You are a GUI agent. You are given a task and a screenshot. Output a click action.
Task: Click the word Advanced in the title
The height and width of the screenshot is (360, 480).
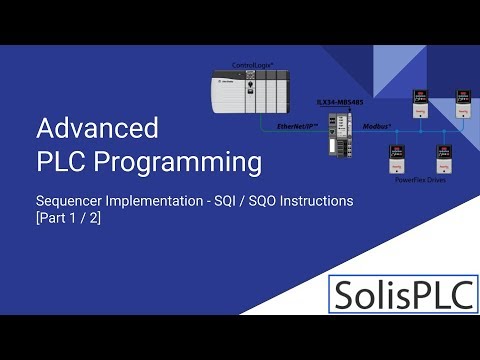pos(97,128)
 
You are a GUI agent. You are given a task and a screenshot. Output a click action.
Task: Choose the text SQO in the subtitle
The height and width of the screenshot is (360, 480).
pos(261,201)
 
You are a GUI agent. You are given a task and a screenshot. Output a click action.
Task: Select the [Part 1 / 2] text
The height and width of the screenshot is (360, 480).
pos(68,218)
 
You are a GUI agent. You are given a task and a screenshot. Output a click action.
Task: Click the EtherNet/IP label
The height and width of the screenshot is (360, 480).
pos(298,127)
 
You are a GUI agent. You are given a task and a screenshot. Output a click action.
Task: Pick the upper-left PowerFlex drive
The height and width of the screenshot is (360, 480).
pos(420,103)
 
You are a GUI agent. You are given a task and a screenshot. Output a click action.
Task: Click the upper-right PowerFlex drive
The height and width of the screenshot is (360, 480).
pos(462,103)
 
